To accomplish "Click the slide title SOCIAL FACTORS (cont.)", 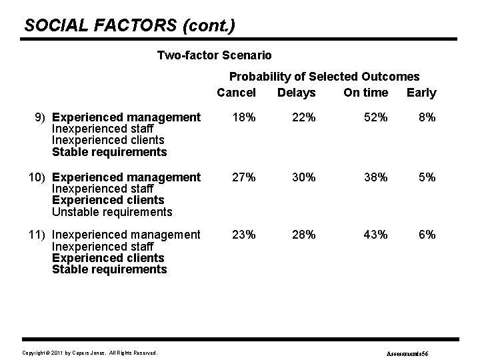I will pos(129,25).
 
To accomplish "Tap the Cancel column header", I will pos(236,93).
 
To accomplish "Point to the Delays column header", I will pos(297,93).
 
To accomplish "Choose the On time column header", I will pos(365,93).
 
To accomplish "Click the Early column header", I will pos(421,93).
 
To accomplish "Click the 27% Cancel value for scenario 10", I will pos(243,177).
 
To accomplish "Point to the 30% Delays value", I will pos(304,177).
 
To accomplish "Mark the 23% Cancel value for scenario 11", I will pos(243,235).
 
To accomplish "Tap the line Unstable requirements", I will pos(112,212).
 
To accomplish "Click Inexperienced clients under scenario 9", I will pos(108,140).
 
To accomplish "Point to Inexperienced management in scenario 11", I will pos(126,235).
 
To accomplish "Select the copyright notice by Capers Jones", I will pos(90,352).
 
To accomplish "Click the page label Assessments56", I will pos(411,352).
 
